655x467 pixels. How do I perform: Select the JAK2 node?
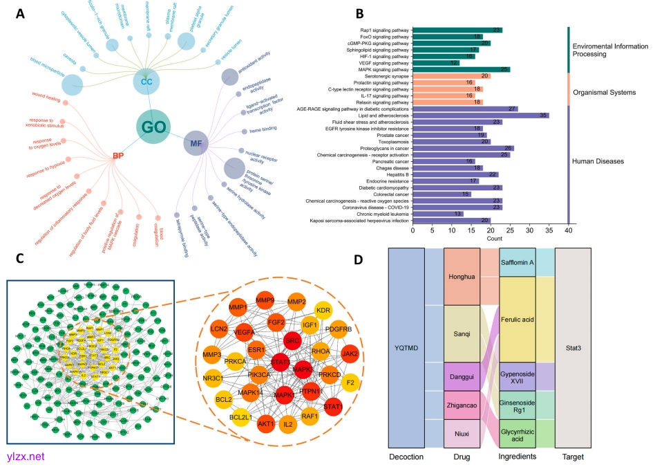(350, 353)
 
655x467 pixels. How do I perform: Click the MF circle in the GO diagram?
(197, 144)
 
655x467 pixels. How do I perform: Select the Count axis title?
(494, 239)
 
